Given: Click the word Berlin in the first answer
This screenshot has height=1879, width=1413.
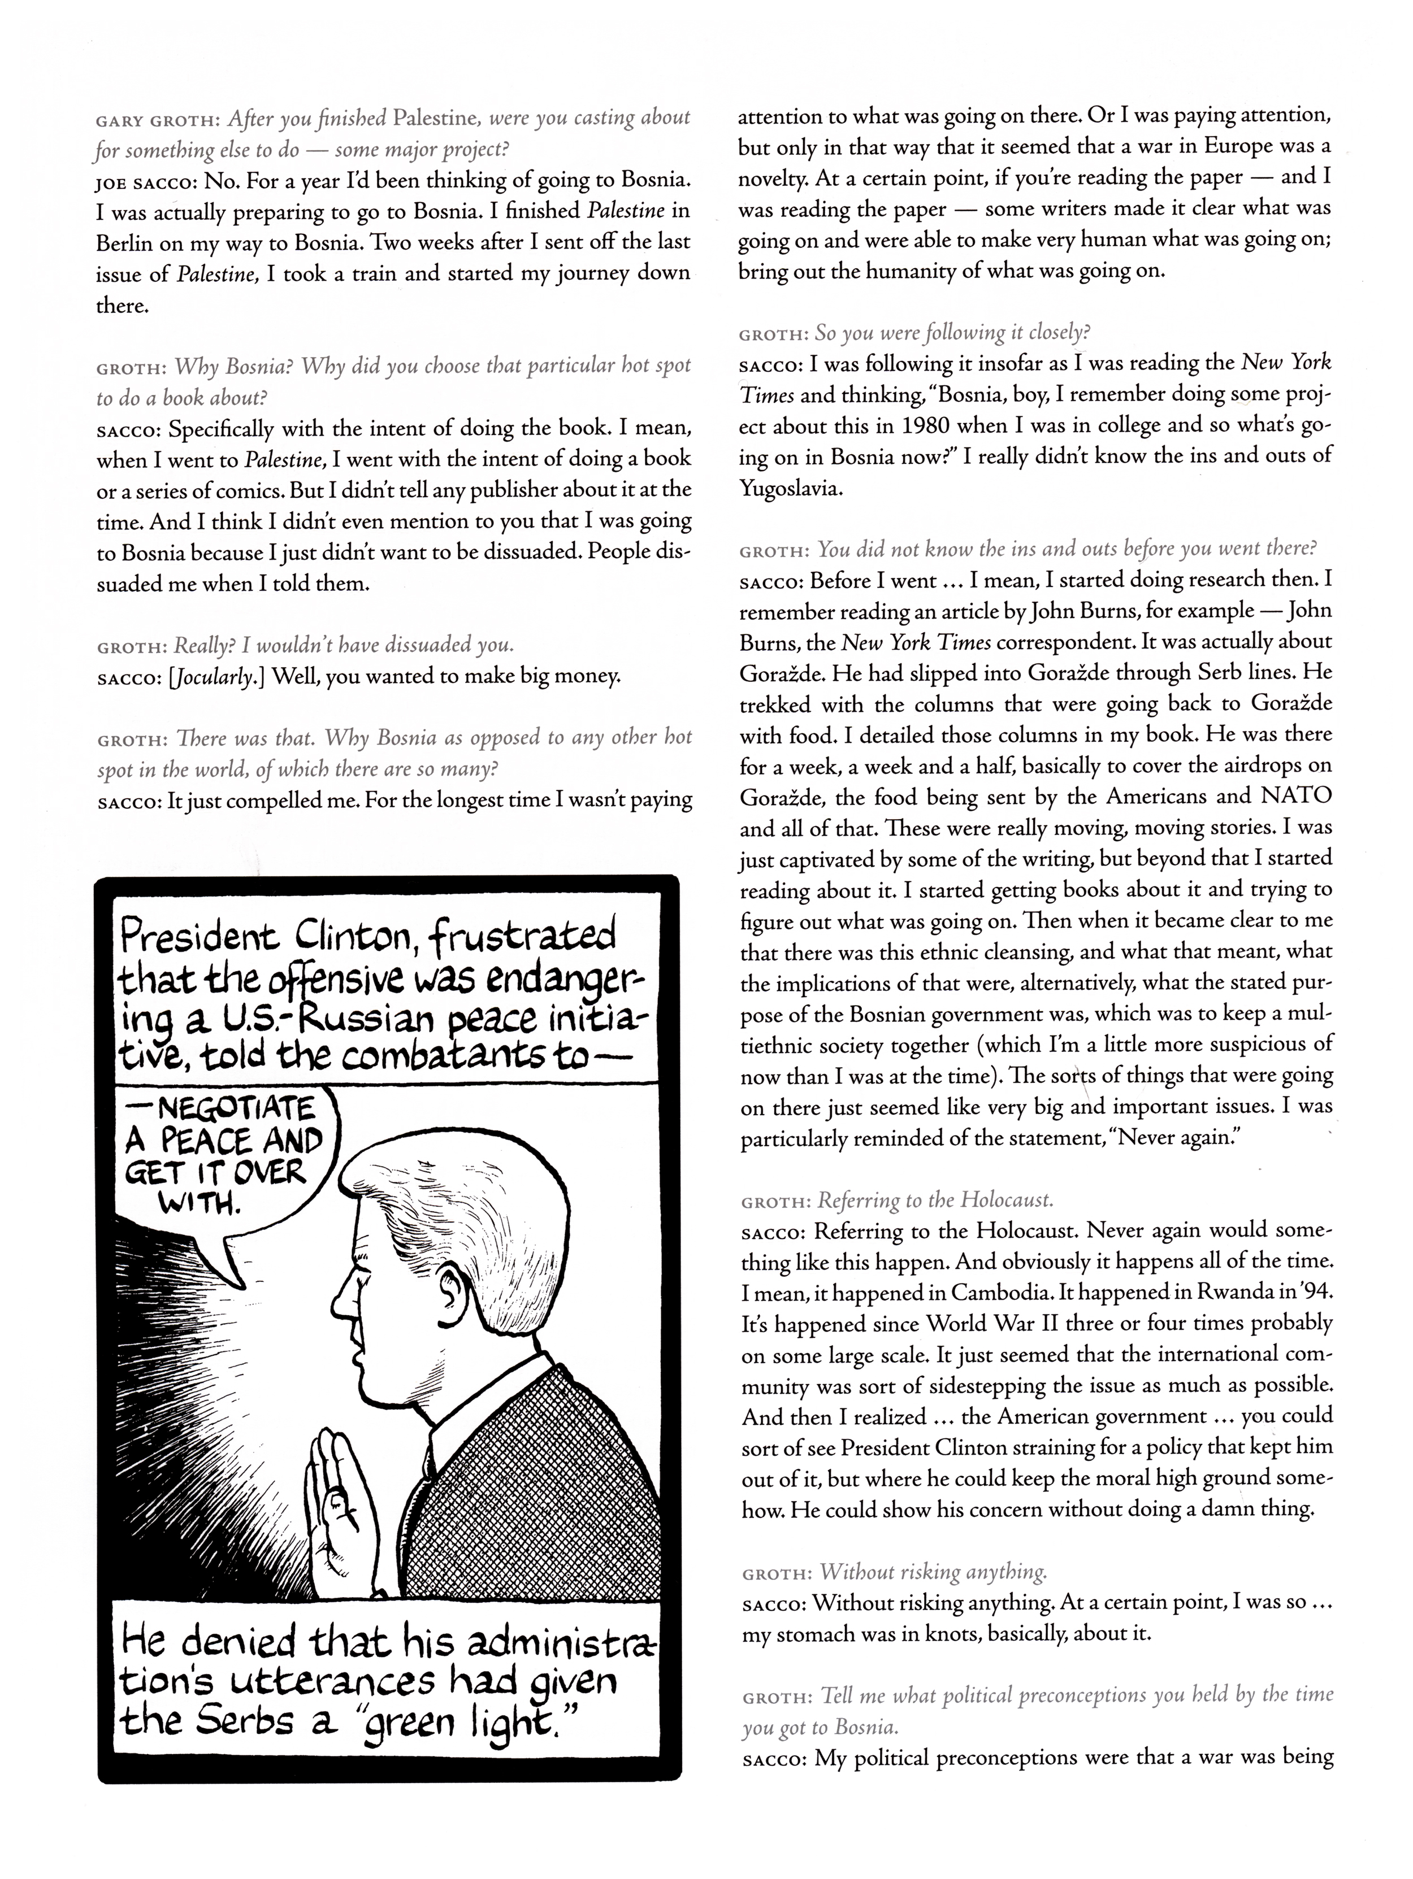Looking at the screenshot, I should click(x=125, y=243).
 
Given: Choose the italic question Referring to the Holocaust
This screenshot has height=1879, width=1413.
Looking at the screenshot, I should click(x=935, y=1201).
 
